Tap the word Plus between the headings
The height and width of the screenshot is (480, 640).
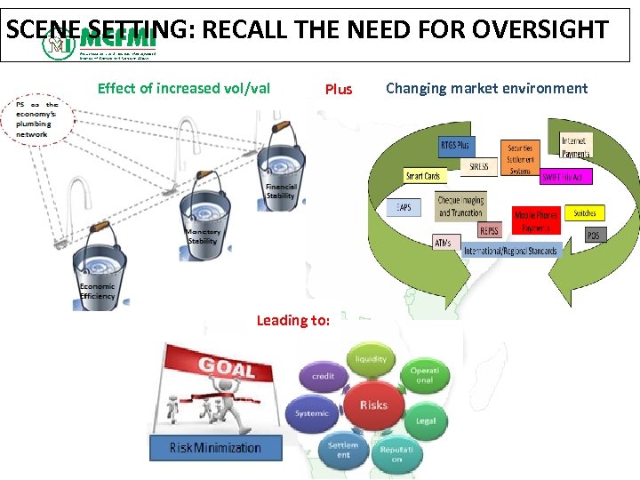coord(339,89)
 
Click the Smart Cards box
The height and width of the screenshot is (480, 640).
coord(424,176)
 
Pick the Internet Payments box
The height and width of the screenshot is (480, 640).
coord(575,147)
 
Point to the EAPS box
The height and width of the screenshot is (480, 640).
coord(404,206)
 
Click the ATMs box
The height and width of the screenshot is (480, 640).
coord(442,241)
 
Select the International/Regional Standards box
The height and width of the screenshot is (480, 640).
coord(511,251)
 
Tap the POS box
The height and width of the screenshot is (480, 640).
coord(593,236)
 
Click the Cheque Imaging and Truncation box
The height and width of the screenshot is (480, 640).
coord(460,206)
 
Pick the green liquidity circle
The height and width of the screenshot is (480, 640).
coord(371,360)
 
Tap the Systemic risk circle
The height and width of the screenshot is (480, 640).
coord(313,413)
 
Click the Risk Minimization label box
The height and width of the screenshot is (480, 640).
coord(215,447)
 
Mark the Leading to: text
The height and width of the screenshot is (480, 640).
coord(292,320)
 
